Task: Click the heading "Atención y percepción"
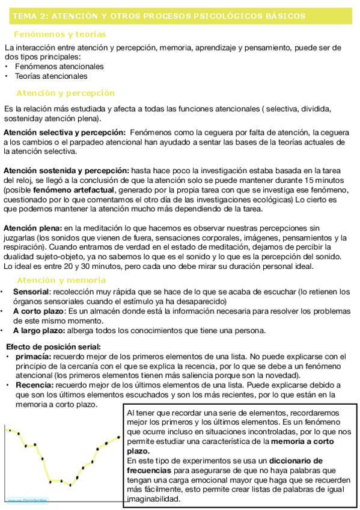point(66,93)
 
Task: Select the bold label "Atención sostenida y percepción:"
point(66,170)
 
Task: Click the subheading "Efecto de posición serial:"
point(53,347)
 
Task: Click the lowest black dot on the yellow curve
point(70,485)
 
